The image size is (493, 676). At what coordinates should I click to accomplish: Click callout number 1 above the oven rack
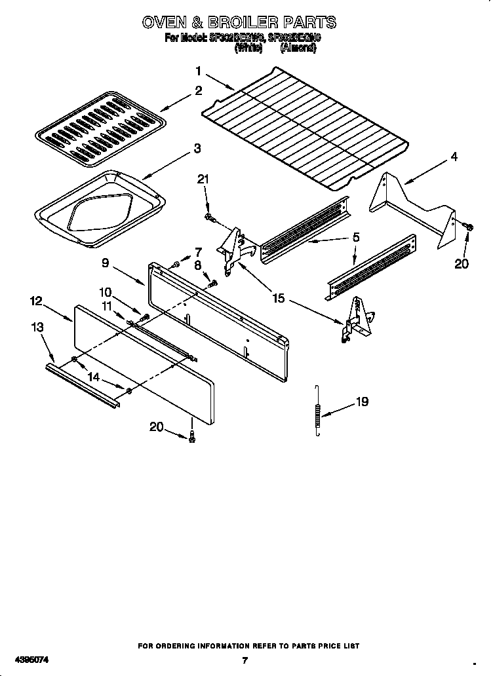coord(197,71)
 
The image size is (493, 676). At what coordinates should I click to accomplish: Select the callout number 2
coord(197,91)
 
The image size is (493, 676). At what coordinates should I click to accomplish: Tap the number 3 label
coord(197,149)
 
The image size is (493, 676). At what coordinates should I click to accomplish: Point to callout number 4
coord(454,157)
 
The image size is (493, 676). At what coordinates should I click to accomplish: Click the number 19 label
coord(362,402)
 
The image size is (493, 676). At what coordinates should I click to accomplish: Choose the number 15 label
coord(278,298)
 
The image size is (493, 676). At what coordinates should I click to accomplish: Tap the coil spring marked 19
coord(318,410)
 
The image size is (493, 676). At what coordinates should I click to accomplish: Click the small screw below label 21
coord(208,217)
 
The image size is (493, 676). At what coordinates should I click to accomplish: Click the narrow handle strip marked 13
coord(83,386)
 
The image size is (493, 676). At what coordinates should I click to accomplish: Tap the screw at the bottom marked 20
coord(191,438)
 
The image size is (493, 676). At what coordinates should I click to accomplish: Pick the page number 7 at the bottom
coord(244,660)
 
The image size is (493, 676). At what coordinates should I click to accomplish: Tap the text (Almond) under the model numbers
coord(298,48)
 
